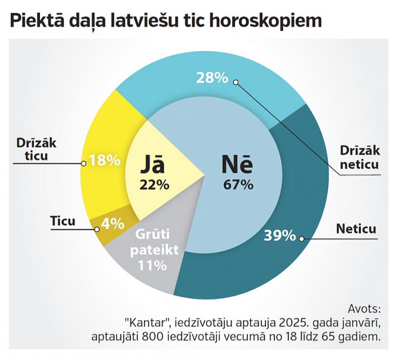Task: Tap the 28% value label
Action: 212,77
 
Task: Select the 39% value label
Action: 280,235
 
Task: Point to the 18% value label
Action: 104,161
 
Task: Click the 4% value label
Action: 112,224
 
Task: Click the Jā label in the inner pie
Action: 152,166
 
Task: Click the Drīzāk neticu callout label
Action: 359,159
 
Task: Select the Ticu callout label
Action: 63,221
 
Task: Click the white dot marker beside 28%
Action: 236,82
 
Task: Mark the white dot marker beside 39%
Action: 301,238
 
